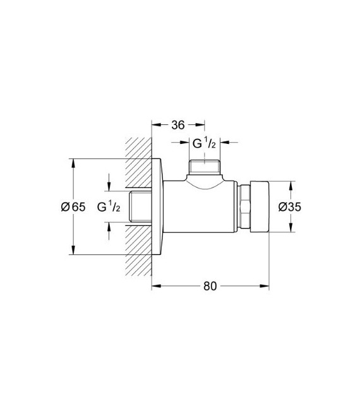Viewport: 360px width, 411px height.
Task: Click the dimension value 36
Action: tap(178, 125)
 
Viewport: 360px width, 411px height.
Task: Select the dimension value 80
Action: tap(210, 286)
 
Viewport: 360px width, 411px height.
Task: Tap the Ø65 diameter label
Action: tap(73, 207)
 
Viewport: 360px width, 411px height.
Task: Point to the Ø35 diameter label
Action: tap(290, 207)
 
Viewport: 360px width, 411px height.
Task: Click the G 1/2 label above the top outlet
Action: tap(204, 143)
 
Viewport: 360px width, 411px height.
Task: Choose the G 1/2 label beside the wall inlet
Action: tap(109, 206)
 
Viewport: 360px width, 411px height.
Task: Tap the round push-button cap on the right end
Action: tap(260, 206)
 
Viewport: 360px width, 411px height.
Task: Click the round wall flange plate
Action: tap(157, 206)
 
